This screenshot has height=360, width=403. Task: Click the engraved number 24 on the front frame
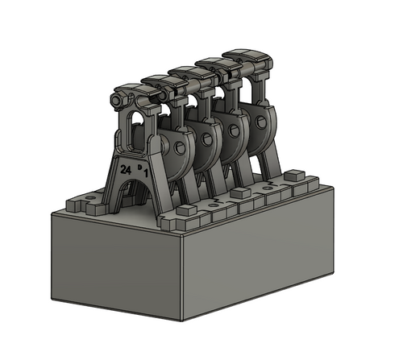[x=125, y=170]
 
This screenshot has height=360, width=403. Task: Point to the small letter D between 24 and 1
[x=139, y=167]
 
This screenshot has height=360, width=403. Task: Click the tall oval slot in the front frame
[x=137, y=129]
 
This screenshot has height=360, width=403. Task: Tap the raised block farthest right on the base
[x=294, y=174]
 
